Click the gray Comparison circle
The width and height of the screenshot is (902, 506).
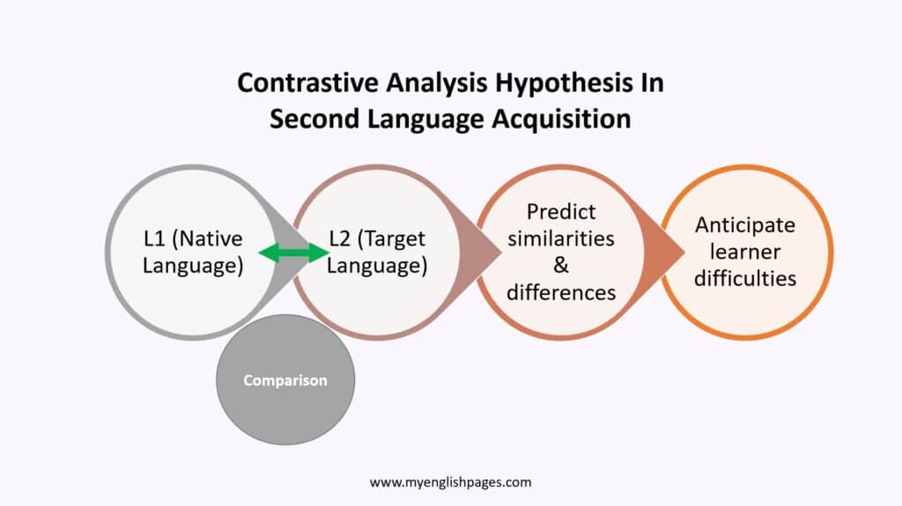285,380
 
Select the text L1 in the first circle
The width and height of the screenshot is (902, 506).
157,238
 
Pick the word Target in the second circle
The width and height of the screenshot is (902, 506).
396,238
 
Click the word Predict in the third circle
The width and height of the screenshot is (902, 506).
561,212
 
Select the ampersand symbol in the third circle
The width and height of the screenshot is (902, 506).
561,266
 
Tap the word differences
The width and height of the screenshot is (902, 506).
561,292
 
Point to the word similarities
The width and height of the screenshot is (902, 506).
561,238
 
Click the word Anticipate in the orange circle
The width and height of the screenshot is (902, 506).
744,224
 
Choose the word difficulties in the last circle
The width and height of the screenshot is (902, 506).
744,278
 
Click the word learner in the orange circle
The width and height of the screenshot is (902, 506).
744,252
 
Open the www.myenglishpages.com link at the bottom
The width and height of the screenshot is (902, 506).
450,482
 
